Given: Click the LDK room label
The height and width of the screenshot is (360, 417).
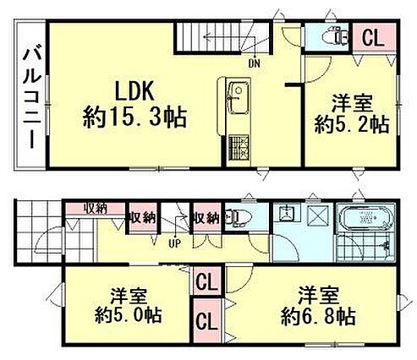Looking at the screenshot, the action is [x=134, y=91].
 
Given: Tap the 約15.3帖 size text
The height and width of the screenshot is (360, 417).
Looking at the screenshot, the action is [x=134, y=117].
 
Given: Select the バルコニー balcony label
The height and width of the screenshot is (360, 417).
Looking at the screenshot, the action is [x=32, y=99].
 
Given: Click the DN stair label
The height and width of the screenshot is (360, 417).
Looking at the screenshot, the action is [x=255, y=64].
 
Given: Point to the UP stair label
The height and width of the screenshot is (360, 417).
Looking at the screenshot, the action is [x=175, y=243].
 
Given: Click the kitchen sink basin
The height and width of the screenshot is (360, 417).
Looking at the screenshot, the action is [x=239, y=97].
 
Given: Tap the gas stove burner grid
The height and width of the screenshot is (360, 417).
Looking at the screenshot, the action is [x=239, y=147].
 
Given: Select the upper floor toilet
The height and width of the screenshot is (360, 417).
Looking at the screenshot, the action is [x=337, y=35].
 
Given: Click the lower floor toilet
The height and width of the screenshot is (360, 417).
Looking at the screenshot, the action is [x=238, y=217].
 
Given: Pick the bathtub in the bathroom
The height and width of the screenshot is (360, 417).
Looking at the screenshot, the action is [x=366, y=217].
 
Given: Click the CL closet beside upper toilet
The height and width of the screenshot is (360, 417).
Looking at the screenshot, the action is [x=373, y=38].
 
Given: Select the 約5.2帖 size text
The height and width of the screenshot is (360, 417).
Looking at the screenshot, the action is [x=351, y=124].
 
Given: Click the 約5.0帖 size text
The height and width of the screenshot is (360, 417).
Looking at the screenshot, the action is [x=128, y=315].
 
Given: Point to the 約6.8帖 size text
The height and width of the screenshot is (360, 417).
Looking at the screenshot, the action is [x=318, y=317].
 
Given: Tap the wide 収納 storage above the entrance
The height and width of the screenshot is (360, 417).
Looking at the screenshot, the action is [x=96, y=209].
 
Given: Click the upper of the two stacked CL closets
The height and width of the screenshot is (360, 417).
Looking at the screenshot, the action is [x=207, y=281].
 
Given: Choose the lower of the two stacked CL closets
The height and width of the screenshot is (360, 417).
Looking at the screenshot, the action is [x=207, y=320].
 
